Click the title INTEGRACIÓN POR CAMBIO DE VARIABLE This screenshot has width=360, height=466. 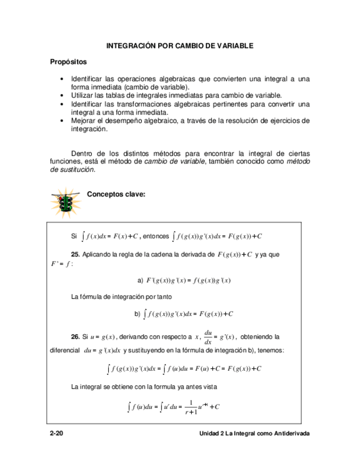[x=180, y=46]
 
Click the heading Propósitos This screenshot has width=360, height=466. [x=68, y=62]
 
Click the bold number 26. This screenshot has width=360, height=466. [x=76, y=336]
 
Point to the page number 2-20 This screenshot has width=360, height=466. [x=56, y=434]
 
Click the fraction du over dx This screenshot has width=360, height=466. [x=208, y=337]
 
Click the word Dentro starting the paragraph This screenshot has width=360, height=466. [x=83, y=153]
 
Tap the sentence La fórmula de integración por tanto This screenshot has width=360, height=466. [x=121, y=297]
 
